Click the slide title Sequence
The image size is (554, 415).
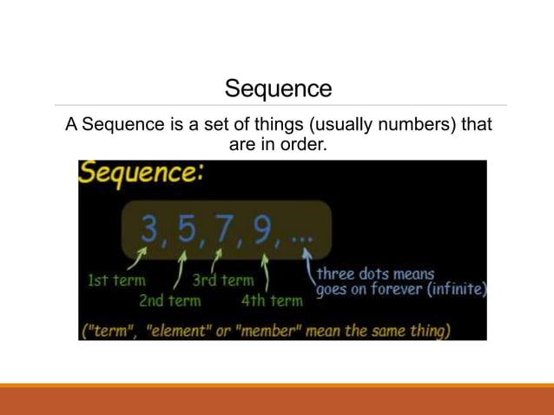[x=278, y=89]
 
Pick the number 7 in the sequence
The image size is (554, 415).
[x=225, y=230]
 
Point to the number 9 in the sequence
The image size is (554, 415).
[x=261, y=230]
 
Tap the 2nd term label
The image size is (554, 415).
[x=169, y=301]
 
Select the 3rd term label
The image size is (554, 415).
[x=222, y=280]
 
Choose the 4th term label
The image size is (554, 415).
[x=272, y=301]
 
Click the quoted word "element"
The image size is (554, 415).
[x=180, y=331]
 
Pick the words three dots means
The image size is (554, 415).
[x=375, y=274]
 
